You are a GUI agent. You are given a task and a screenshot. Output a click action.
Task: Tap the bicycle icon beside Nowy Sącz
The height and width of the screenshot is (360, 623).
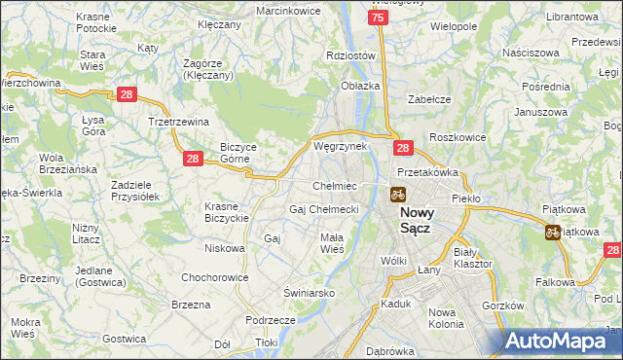tap(398, 194)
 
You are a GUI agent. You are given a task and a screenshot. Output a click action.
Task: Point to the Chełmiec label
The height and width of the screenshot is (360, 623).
tap(334, 186)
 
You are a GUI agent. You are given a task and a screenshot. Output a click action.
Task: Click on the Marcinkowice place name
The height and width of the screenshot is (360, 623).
tap(288, 10)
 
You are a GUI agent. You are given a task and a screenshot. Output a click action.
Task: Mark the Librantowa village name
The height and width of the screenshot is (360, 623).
tap(571, 18)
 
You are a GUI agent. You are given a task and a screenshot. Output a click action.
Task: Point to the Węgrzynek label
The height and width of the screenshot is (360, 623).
tap(340, 146)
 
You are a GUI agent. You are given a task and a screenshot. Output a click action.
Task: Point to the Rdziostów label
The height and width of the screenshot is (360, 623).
tap(351, 55)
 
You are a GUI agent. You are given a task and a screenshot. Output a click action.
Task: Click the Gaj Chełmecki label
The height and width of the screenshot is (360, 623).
tap(324, 209)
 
